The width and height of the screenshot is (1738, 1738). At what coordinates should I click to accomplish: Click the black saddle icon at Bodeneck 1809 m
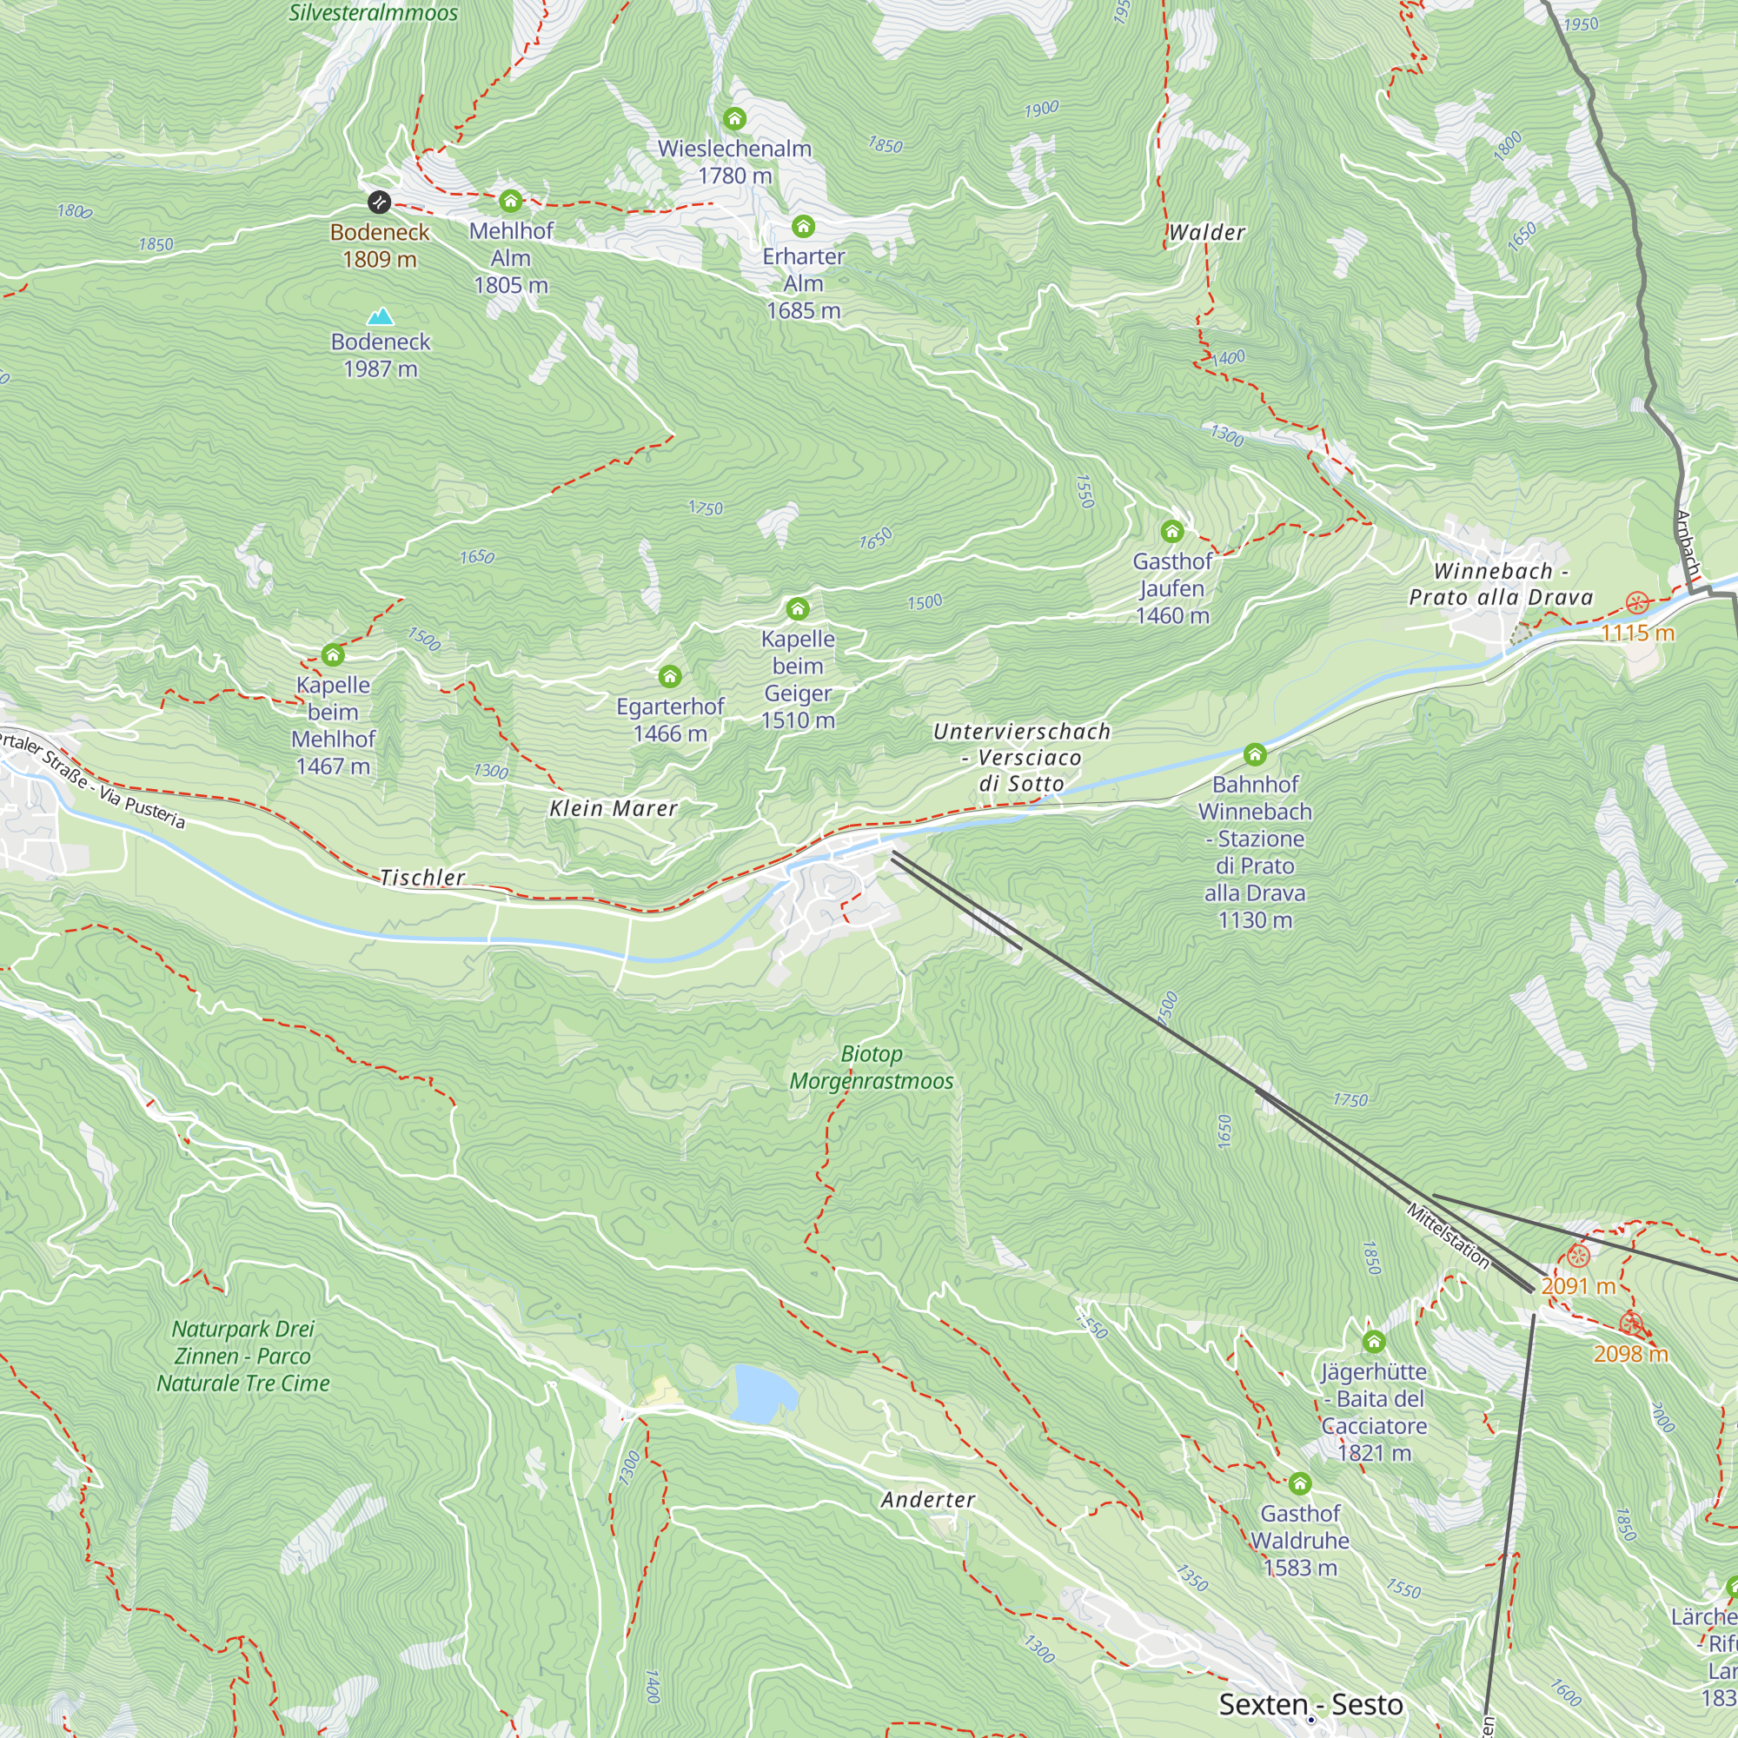coord(380,202)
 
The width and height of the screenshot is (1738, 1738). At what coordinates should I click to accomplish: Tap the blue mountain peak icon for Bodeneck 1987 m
coord(381,315)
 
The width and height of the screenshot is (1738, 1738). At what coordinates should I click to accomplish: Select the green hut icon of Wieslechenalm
coord(734,118)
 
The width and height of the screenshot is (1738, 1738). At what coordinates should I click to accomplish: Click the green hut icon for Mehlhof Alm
coord(510,200)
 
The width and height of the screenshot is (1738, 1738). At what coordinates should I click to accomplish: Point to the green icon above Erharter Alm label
coord(802,226)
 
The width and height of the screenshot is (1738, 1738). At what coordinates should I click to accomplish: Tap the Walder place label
coord(1206,232)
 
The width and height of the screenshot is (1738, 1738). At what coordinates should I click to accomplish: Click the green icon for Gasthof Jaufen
coord(1171,531)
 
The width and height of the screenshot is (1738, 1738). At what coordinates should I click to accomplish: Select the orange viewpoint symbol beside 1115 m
coord(1637,602)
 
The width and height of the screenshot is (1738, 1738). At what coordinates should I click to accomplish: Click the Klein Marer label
coord(614,808)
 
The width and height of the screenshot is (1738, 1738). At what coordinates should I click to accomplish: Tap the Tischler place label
coord(422,877)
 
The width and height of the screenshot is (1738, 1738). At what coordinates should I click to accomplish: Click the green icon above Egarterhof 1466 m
coord(669,676)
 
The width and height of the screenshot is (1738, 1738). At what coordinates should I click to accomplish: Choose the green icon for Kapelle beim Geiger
coord(797,609)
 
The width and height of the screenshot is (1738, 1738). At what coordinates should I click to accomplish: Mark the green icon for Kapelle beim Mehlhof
coord(333,655)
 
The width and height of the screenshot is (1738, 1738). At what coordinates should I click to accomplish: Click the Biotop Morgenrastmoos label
coord(871,1067)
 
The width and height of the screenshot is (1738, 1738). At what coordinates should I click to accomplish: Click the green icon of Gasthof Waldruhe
coord(1299,1483)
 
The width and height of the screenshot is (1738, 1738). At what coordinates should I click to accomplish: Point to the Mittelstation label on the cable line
coord(1448,1236)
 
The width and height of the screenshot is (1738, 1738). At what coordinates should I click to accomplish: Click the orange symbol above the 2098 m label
coord(1631,1323)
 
